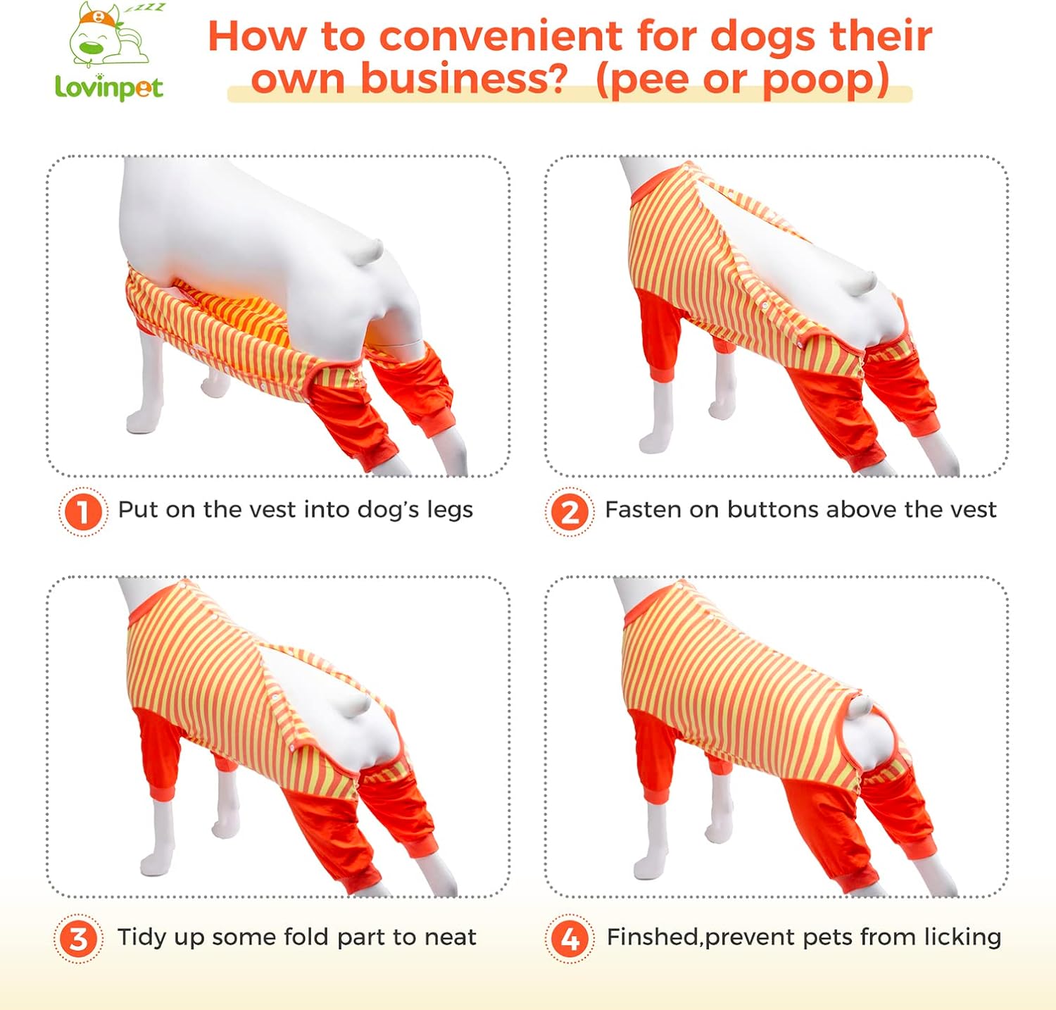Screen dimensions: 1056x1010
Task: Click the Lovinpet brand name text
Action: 109,87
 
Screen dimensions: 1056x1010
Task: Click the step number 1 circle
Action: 83,511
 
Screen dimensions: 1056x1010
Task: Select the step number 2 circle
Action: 570,511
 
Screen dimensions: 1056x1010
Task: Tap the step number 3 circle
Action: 78,939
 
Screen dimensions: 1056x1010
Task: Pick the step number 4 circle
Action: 570,939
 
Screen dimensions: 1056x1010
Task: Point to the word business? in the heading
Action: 463,78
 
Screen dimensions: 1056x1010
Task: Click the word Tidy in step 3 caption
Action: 144,937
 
